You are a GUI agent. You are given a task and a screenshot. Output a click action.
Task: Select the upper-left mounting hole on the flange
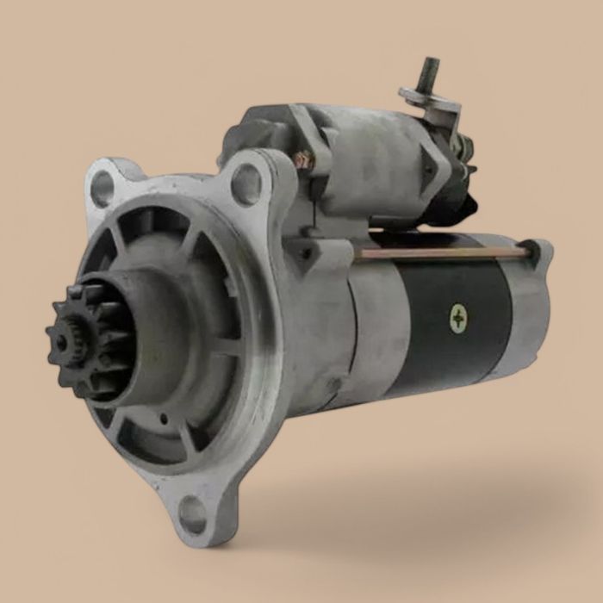coord(103,189)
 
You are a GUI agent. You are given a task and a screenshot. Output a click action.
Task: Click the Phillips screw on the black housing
coord(458,319)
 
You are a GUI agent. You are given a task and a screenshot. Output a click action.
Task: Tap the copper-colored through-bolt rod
coord(439,253)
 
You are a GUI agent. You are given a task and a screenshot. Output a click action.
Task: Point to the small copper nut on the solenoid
coord(302,160)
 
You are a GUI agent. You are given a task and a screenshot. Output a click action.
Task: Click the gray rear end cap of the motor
coord(530,301)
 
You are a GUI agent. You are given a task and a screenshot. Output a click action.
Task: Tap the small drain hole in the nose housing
coord(164,420)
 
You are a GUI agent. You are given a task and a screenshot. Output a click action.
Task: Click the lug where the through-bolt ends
coord(535,251)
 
